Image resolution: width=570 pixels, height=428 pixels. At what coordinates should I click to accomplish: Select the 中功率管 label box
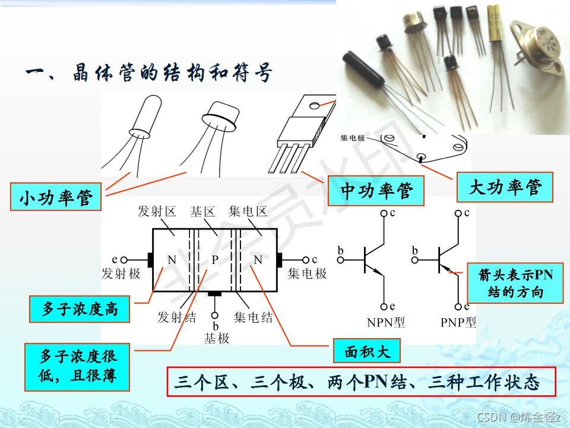coord(376,191)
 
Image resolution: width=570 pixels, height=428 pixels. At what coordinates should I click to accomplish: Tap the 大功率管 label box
coord(505,188)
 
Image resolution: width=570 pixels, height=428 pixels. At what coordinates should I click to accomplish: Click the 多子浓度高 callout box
coord(80,309)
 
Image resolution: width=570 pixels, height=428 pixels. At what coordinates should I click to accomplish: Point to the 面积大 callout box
coord(367,351)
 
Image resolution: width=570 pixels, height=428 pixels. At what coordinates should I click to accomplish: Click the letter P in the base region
coord(216,260)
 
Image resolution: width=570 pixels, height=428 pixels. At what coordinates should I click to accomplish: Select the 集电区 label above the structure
coord(248,212)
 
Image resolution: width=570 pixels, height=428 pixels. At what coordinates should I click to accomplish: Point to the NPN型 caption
coord(386,323)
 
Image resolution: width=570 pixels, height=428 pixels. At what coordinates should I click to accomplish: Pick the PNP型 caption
coord(458,323)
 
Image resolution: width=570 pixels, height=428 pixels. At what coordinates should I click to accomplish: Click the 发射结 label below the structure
coord(176,317)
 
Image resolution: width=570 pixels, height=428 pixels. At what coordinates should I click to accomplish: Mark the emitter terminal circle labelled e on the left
coord(124,260)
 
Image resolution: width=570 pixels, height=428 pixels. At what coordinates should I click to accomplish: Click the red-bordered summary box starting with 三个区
coord(361,382)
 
